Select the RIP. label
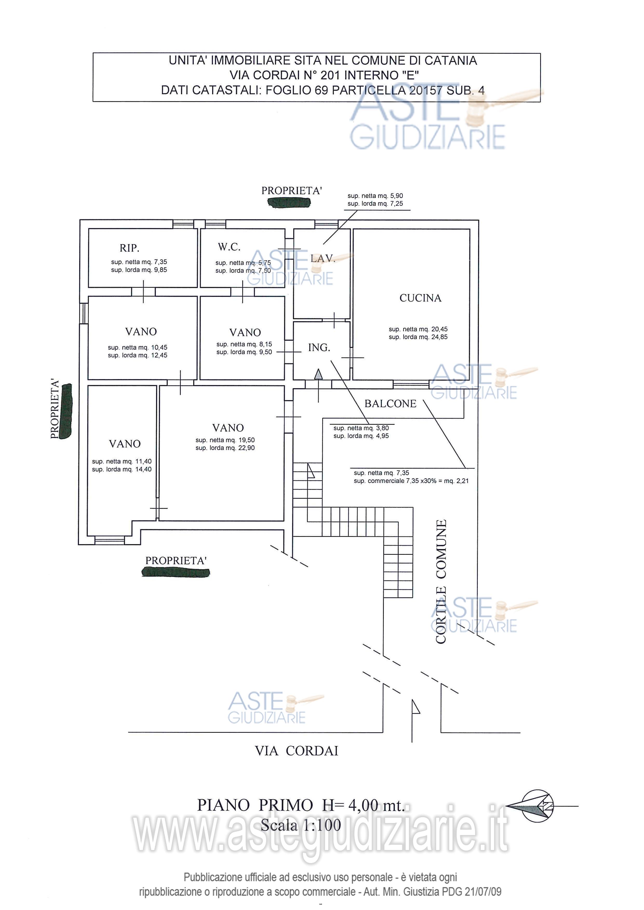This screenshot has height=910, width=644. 129,248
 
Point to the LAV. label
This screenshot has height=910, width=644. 323,259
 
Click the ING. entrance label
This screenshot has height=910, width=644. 319,348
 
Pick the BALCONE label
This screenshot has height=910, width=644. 390,404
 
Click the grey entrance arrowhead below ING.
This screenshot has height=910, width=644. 318,374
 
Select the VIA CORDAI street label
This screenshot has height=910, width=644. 296,751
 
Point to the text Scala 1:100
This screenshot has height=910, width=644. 301,826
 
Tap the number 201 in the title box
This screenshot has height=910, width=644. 331,75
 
